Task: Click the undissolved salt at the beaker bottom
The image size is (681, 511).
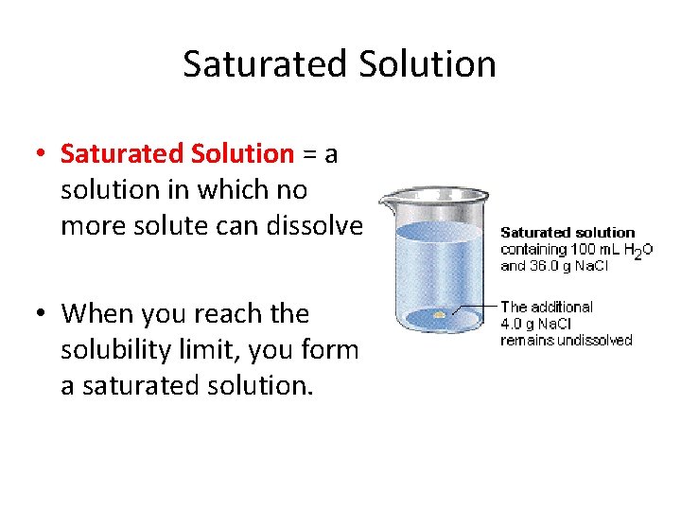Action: pyautogui.click(x=440, y=314)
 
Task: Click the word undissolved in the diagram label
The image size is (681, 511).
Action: pyautogui.click(x=593, y=340)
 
